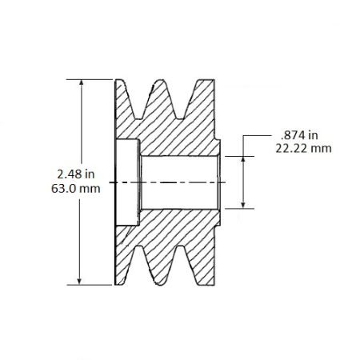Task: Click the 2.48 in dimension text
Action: pyautogui.click(x=76, y=174)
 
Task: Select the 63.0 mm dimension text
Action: pyautogui.click(x=76, y=189)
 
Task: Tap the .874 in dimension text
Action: pyautogui.click(x=299, y=135)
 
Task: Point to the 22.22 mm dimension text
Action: pyautogui.click(x=303, y=148)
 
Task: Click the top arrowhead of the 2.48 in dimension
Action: pyautogui.click(x=82, y=83)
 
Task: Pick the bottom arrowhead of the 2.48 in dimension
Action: pyautogui.click(x=79, y=281)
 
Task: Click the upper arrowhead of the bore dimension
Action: pyautogui.click(x=243, y=159)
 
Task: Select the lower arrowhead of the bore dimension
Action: pyautogui.click(x=243, y=205)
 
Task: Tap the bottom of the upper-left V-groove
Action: pyautogui.click(x=138, y=118)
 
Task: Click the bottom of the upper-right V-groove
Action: pyautogui.click(x=181, y=118)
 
